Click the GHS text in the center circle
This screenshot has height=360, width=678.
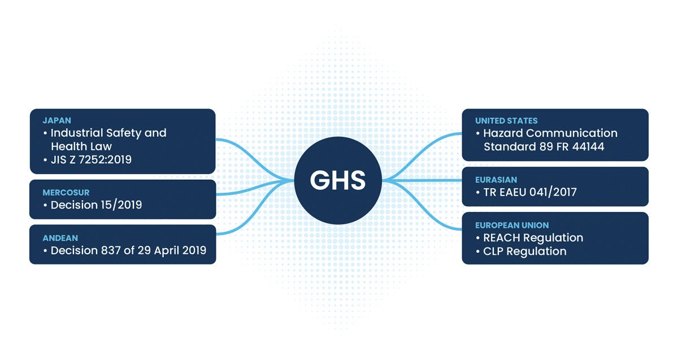pyautogui.click(x=338, y=180)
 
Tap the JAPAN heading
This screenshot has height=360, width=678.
pyautogui.click(x=57, y=120)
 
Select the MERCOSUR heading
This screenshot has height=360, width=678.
pyautogui.click(x=66, y=193)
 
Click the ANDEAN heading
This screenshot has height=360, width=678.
pyautogui.click(x=60, y=238)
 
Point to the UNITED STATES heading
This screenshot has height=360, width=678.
pyautogui.click(x=506, y=121)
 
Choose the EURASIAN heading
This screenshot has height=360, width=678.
pyautogui.click(x=496, y=180)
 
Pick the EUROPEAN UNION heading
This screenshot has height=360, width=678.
pyautogui.click(x=512, y=225)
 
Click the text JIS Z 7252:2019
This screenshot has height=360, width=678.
pyautogui.click(x=91, y=159)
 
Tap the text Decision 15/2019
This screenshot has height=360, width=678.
pyautogui.click(x=96, y=205)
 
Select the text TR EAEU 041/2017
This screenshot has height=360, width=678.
pyautogui.click(x=530, y=192)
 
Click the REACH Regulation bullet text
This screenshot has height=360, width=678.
pyautogui.click(x=533, y=238)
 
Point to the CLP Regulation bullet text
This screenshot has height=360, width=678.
pyautogui.click(x=525, y=251)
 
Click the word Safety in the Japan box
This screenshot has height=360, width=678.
pyautogui.click(x=124, y=133)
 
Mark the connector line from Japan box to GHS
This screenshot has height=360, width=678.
pyautogui.click(x=255, y=158)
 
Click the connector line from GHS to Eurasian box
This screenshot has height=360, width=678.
pyautogui.click(x=422, y=181)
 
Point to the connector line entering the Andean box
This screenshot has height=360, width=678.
pyautogui.click(x=255, y=210)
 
